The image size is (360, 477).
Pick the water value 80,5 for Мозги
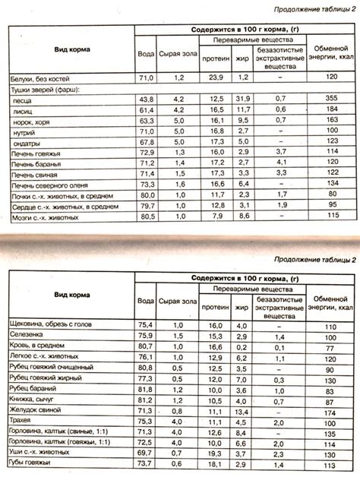[147, 216]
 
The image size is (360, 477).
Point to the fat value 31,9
[243, 99]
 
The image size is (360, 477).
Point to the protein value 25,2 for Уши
[215, 453]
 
